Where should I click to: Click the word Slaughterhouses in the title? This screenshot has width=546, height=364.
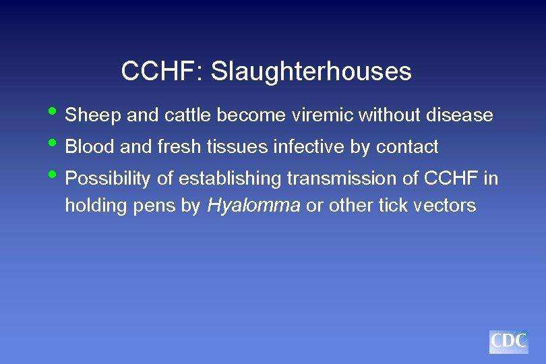point(311,71)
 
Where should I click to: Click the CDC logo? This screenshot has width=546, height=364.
point(509,342)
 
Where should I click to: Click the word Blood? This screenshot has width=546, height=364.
point(90,147)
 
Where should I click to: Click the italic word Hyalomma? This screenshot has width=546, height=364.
point(253,206)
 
